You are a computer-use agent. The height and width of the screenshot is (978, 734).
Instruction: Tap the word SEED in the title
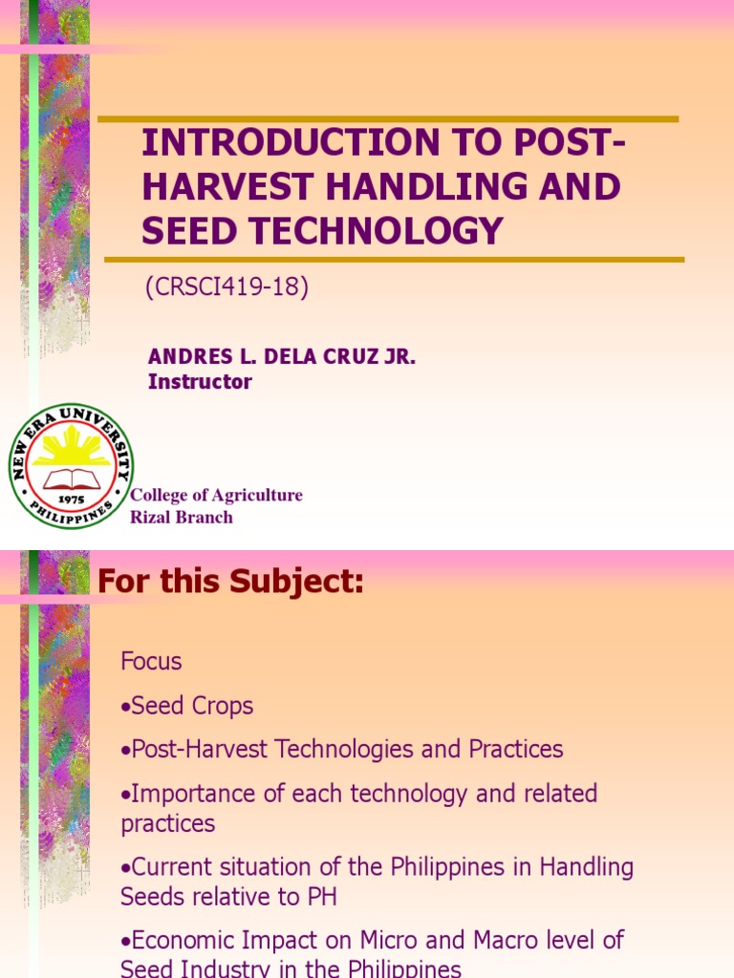coord(183,231)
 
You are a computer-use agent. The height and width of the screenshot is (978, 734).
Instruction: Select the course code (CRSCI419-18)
coord(227,287)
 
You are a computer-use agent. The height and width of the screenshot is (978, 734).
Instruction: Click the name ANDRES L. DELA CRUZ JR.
coord(282,358)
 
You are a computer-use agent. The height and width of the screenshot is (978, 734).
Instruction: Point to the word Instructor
coord(200,382)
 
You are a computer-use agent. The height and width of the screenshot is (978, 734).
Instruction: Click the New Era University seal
coord(72,466)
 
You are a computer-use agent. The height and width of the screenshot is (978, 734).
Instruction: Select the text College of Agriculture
coord(216,495)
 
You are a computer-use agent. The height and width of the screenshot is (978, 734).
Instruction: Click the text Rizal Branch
coord(182,517)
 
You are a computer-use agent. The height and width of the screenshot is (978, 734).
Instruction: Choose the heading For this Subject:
coord(231,581)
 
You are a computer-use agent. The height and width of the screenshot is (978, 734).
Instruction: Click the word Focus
coord(151,661)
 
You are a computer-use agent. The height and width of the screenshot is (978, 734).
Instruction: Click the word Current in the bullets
coord(169,867)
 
